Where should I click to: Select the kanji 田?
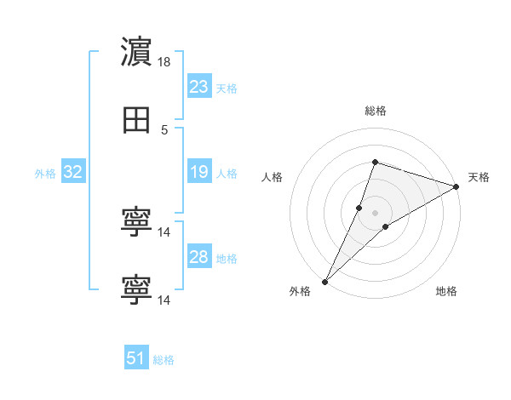[x=136, y=121]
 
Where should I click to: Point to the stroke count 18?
[x=164, y=62]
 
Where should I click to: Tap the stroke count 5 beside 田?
[x=164, y=130]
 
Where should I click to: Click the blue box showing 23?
[x=198, y=87]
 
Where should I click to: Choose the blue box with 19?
[x=198, y=173]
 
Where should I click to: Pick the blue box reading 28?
[x=198, y=258]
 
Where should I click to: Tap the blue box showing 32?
[x=73, y=173]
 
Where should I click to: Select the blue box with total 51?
[x=136, y=358]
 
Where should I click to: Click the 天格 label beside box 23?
[x=227, y=88]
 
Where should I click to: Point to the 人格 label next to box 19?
[x=227, y=174]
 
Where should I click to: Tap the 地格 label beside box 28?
[x=227, y=259]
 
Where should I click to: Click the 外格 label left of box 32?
[x=45, y=174]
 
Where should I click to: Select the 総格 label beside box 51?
[x=164, y=360]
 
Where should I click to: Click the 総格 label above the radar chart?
[x=376, y=111]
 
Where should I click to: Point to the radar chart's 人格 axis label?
[x=273, y=177]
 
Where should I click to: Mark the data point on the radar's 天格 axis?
[x=456, y=186]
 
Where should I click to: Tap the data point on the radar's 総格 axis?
[x=375, y=162]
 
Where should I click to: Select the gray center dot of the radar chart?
[x=375, y=212]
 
